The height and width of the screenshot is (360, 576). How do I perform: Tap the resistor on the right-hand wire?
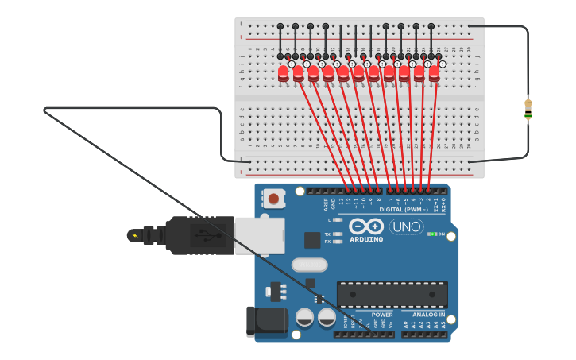pos(528,109)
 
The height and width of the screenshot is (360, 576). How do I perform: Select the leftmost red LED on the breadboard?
pos(284,73)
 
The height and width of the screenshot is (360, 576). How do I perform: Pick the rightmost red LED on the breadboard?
pos(434,73)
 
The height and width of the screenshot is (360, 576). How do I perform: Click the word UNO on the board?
pos(406,227)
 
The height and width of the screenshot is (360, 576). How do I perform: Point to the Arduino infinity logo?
pos(366,226)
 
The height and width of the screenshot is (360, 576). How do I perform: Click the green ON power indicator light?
pos(431,234)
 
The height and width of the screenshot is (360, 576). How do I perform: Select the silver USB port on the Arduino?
pos(259,235)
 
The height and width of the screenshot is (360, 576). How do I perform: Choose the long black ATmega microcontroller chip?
pos(392,295)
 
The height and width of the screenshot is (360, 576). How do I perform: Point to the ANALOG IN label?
pos(428,315)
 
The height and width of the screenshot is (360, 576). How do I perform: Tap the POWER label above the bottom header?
pos(382,315)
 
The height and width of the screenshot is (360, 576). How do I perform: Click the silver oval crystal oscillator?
pos(309,265)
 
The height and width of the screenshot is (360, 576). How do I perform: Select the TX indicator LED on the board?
pos(339,234)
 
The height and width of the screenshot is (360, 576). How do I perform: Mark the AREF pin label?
pos(326,205)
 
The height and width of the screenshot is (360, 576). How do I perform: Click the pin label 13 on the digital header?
pos(342,203)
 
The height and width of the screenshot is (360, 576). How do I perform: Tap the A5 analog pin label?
pos(443,324)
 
